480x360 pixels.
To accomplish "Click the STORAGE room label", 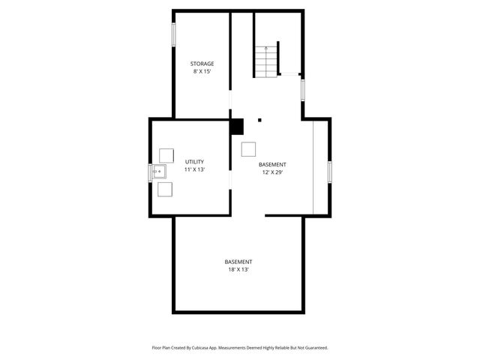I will [202, 64].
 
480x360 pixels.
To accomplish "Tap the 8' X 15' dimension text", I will [202, 72].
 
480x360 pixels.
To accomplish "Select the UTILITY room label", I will [194, 162].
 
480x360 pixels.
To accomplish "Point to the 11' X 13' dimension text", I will [194, 170].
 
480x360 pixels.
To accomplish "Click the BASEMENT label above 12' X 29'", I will [272, 164].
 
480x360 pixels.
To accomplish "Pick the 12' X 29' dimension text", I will [272, 172].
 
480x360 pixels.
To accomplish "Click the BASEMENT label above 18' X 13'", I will [238, 262].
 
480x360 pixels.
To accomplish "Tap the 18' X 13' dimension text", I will [238, 270].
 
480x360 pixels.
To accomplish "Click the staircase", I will [266, 60].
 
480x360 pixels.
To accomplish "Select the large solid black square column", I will [237, 127].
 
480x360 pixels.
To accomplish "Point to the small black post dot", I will [259, 119].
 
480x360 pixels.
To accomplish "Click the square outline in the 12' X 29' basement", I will [249, 149].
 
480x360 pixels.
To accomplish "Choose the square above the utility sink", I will [166, 155].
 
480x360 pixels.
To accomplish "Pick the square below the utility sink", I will [166, 189].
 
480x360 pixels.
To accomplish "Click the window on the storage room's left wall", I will [174, 34].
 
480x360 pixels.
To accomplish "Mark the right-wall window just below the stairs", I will [303, 90].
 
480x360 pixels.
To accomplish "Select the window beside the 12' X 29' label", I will [328, 171].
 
